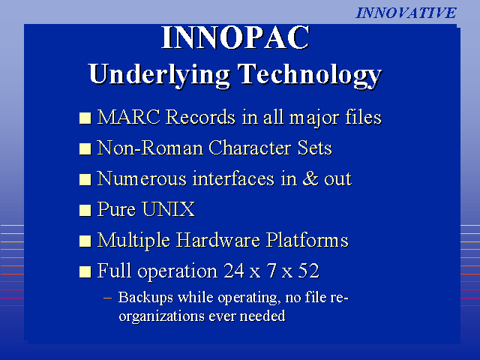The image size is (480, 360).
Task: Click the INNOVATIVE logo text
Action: point(406,13)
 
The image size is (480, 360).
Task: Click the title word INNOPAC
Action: point(235,37)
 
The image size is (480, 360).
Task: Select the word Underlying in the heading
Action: point(159,75)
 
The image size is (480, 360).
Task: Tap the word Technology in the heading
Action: point(310,75)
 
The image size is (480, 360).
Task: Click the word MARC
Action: point(129,117)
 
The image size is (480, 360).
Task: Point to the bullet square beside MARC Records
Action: point(85,118)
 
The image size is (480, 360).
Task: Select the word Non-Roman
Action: point(150,148)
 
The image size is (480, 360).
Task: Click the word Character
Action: point(250,148)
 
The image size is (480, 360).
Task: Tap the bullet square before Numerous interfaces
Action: point(85,180)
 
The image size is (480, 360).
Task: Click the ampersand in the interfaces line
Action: point(310,178)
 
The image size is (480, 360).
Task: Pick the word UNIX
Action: point(168,209)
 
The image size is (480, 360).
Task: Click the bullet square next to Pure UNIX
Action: point(85,210)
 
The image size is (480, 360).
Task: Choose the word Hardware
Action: point(218,240)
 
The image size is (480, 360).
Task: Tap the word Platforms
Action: point(307,240)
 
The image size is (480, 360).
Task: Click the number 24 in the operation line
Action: point(234,271)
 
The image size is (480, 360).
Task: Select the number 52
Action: point(308,271)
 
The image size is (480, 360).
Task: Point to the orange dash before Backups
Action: point(108,298)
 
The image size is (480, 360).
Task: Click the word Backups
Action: point(145,298)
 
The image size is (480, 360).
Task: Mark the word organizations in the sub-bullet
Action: point(161,316)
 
